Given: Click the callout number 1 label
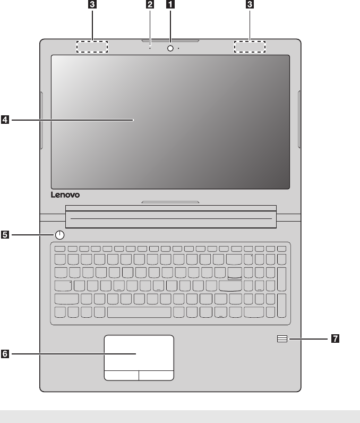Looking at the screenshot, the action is coord(170,5).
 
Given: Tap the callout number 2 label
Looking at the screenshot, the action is coord(150,5).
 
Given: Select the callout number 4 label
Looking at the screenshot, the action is coord(5,121).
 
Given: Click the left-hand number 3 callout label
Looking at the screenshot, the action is coord(92,5).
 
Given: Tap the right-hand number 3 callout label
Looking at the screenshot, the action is coord(250,5).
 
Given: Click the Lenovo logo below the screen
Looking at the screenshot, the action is coord(65,195).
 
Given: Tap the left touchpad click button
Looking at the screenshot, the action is coord(121,375).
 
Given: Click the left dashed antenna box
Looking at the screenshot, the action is coord(92,47).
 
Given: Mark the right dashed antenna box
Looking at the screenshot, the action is coord(250,47).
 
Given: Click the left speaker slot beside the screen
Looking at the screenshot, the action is coord(41,120).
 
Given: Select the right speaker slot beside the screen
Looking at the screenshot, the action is coord(300,120).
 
